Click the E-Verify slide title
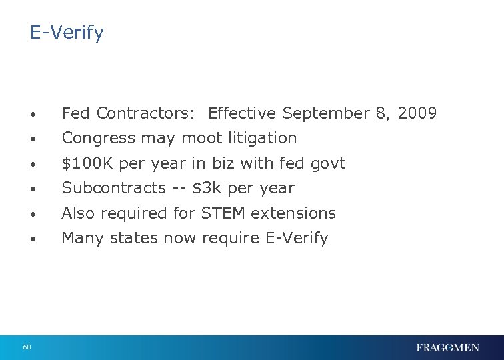click(x=67, y=33)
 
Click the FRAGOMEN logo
click(x=447, y=347)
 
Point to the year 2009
click(x=417, y=113)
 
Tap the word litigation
click(x=264, y=138)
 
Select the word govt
click(x=327, y=163)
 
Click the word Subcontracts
click(x=113, y=188)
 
